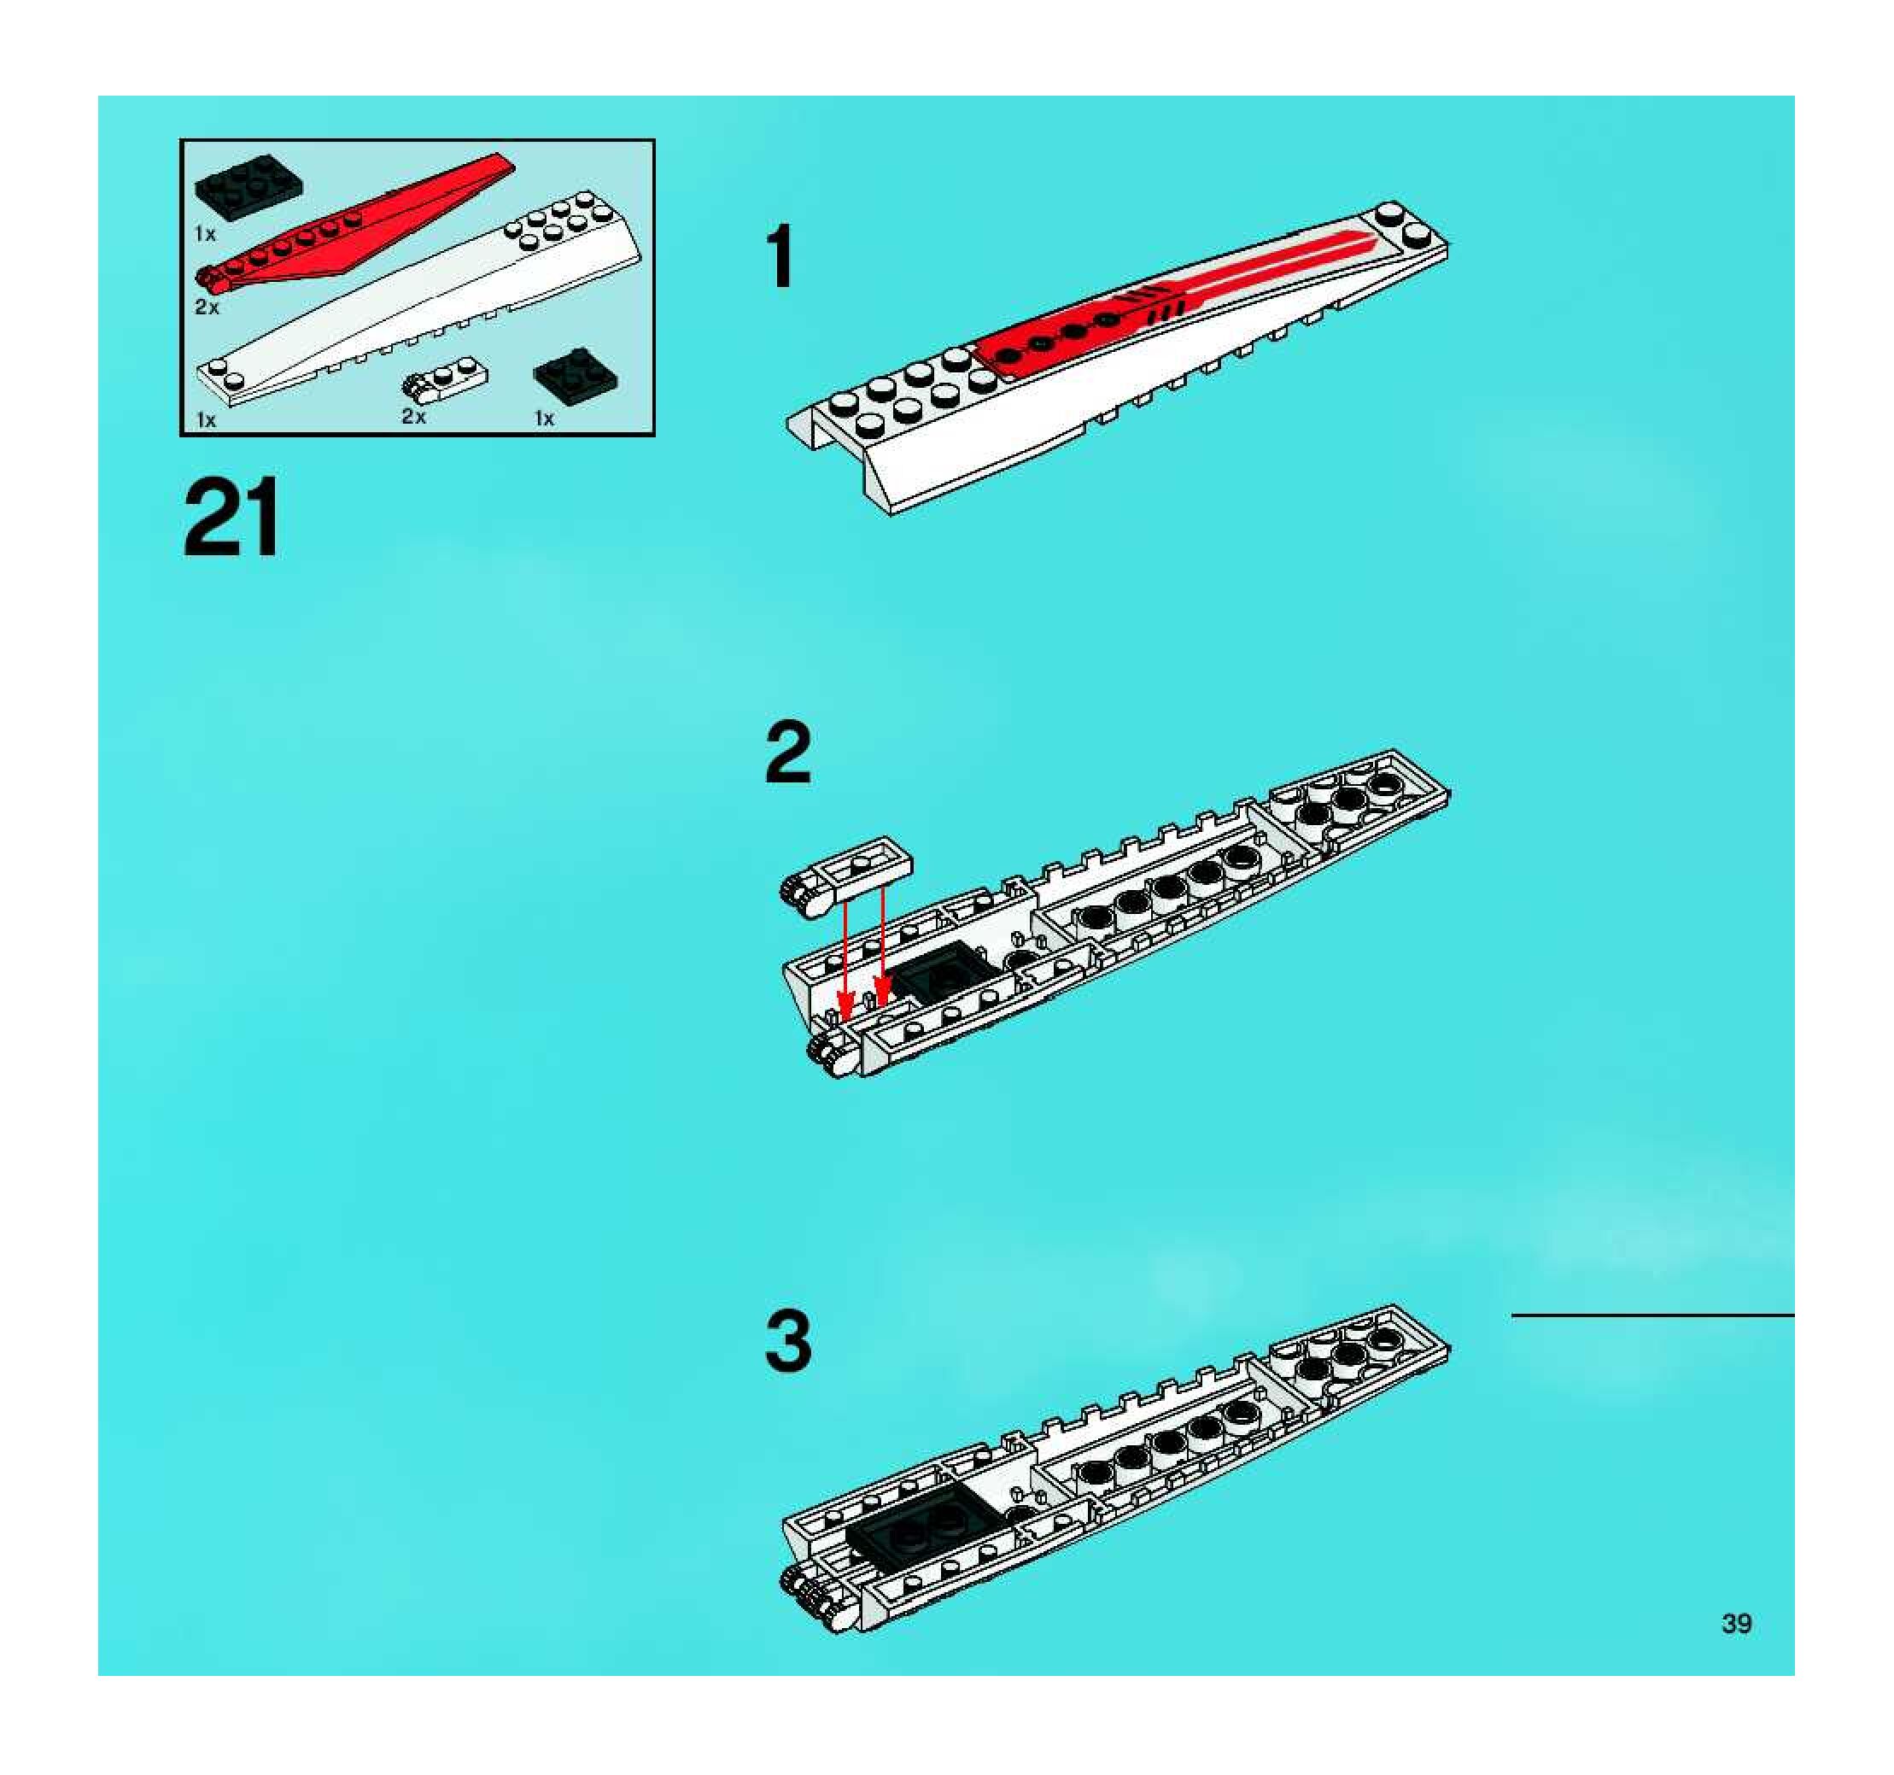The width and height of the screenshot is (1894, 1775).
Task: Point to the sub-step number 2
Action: [x=788, y=753]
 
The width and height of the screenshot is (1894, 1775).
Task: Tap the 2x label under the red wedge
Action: [x=207, y=307]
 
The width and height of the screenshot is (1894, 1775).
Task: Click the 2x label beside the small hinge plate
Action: [x=413, y=416]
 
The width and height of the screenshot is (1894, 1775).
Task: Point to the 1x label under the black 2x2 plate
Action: [x=544, y=419]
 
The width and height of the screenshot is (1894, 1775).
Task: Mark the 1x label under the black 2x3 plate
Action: [x=205, y=233]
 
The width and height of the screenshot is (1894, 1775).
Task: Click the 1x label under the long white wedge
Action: [x=206, y=420]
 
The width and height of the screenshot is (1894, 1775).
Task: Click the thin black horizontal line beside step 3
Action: [x=1652, y=1315]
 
